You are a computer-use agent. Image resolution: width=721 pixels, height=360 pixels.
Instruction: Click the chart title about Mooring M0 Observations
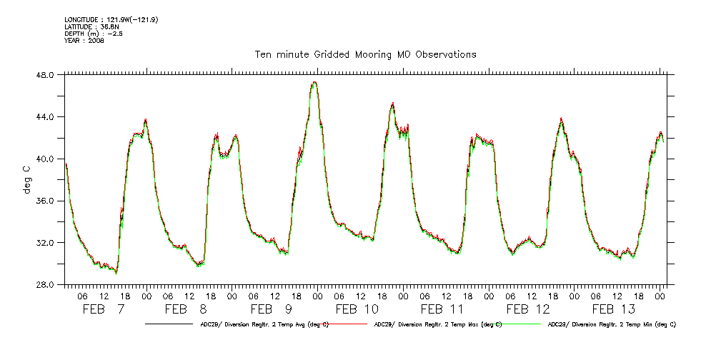tap(365, 54)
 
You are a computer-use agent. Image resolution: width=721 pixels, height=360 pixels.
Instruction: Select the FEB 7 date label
tap(104, 309)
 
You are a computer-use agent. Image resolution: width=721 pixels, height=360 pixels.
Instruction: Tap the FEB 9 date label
tap(271, 309)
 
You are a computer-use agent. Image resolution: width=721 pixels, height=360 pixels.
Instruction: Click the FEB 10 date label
tap(357, 309)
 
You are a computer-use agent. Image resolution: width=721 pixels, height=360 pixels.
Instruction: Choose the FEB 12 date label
tap(528, 309)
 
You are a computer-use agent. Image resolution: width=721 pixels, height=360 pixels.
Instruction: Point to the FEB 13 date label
tap(614, 309)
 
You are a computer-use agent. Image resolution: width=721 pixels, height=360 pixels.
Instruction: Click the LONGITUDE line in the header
tap(111, 19)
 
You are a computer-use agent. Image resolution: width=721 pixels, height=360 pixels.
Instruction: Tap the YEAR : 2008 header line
tap(84, 41)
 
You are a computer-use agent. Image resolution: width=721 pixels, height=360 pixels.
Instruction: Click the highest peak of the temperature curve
tap(314, 83)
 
